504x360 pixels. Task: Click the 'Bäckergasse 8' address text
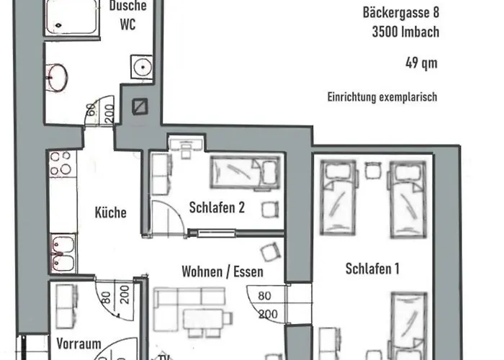click(x=399, y=12)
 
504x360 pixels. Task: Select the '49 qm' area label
click(x=420, y=63)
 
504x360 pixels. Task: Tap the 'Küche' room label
click(x=110, y=212)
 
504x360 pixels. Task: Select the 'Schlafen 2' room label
click(x=217, y=207)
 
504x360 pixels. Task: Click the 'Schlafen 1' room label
click(x=372, y=269)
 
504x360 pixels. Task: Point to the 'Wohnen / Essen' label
click(x=222, y=272)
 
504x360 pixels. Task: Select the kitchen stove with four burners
click(x=60, y=165)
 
